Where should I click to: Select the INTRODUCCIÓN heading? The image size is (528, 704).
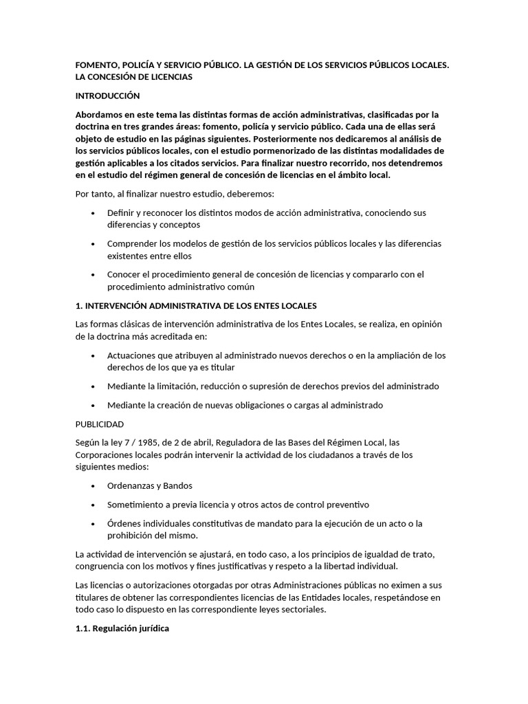point(107,96)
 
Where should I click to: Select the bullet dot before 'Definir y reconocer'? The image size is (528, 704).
point(93,213)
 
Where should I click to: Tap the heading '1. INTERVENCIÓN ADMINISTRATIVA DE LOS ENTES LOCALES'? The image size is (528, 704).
point(196,305)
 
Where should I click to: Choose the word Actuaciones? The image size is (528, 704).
point(136,355)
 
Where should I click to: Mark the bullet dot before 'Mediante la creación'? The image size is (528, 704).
point(93,405)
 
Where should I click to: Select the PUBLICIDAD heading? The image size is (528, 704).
point(100,423)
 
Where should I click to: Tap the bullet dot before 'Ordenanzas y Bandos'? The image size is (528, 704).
point(93,485)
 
